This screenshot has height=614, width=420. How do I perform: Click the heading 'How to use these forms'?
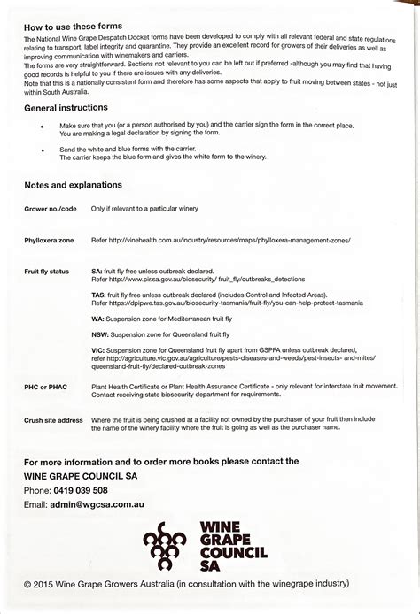coord(74,27)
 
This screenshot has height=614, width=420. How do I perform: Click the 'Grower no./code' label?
coord(50,208)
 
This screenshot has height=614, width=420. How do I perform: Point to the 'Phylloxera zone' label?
coord(49,240)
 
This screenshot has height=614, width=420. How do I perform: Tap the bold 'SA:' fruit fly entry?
coord(97,270)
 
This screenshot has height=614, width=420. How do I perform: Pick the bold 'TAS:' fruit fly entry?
coord(98,294)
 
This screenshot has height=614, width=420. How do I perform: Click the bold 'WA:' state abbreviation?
coord(97,317)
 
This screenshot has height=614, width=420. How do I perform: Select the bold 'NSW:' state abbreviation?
coord(100,334)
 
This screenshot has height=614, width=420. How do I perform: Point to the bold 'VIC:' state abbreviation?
coord(98,350)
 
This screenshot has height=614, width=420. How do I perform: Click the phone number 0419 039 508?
coord(80,490)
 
